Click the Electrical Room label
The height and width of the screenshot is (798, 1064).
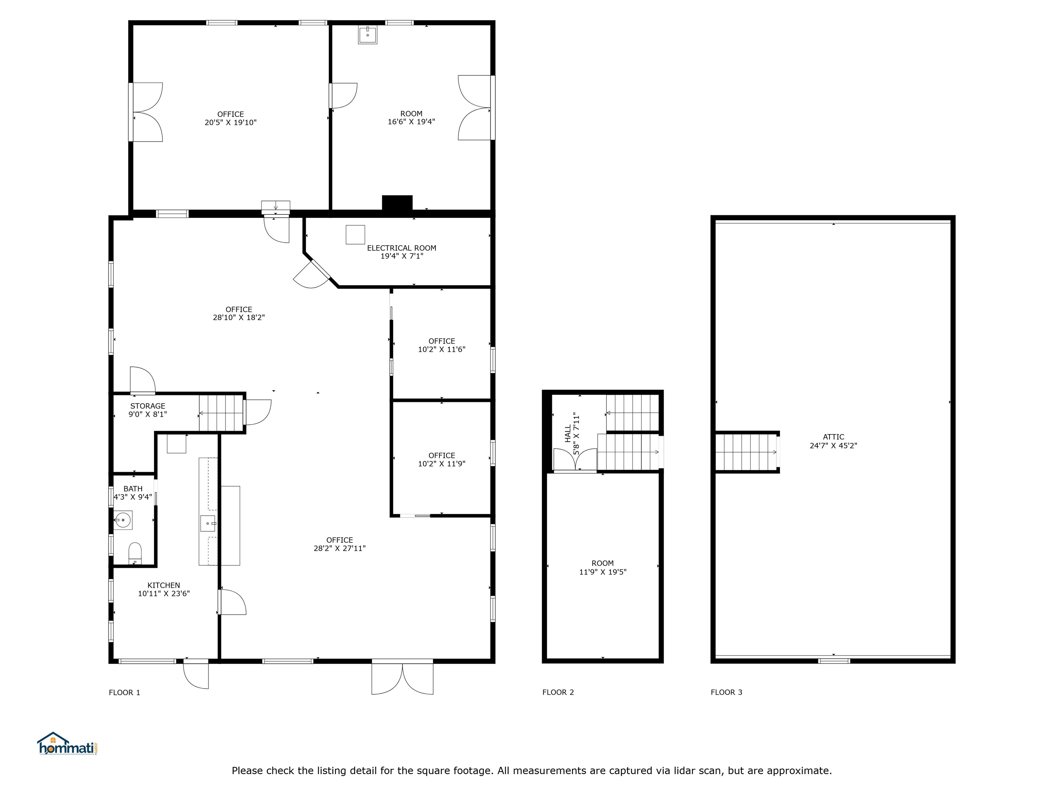point(402,248)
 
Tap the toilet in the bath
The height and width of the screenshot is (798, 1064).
point(135,553)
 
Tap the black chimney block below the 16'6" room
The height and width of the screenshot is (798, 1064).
point(397,203)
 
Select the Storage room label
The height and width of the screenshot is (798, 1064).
point(148,406)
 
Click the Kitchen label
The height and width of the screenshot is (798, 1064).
point(163,585)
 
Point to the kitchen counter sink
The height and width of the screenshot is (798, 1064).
point(208,523)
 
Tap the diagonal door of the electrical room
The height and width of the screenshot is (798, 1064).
point(313,274)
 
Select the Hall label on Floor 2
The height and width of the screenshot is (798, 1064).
point(568,433)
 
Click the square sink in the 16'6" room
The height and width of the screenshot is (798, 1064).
point(367,35)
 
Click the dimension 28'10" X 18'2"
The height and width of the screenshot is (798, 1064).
point(239,318)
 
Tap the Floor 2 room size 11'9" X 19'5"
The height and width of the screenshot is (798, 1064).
point(603,572)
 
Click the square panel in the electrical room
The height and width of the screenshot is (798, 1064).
point(355,235)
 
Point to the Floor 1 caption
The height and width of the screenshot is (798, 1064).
point(125,693)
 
